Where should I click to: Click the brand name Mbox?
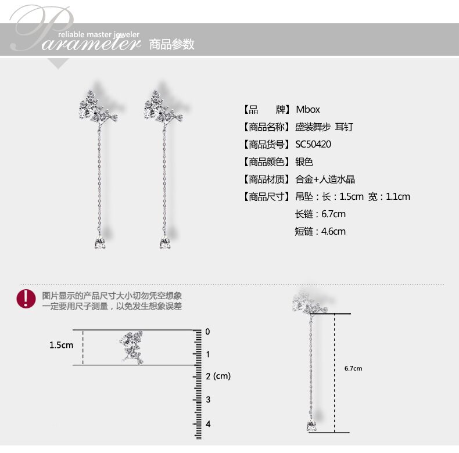[308, 109]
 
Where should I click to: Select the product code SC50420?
[313, 144]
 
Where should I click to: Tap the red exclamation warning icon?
[26, 299]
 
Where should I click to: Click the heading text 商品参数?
[171, 44]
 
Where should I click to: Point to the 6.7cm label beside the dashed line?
[353, 369]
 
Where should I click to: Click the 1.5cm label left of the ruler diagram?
[61, 345]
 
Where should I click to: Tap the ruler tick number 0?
[208, 332]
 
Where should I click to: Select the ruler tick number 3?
[208, 400]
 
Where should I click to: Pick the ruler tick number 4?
[208, 424]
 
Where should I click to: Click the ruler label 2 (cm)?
[218, 376]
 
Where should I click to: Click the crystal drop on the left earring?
[99, 243]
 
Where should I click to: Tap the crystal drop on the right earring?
[163, 243]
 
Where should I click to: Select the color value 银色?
[304, 161]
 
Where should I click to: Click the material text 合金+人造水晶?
[325, 179]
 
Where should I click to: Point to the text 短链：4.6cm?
[320, 231]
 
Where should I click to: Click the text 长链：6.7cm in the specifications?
[320, 214]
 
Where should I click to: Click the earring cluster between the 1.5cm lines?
[131, 347]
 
